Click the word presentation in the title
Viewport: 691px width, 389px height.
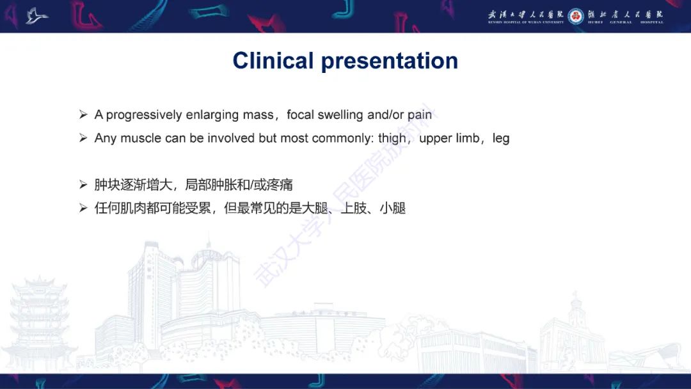[390, 61]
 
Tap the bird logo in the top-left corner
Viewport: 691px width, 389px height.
[37, 16]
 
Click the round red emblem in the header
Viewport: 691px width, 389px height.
[576, 15]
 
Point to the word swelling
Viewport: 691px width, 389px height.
[326, 115]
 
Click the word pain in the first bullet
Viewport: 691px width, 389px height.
[420, 115]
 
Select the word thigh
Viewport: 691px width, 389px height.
[392, 138]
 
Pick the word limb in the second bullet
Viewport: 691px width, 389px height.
[466, 138]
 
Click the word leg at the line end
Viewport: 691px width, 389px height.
[501, 139]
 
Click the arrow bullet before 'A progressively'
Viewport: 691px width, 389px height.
[83, 115]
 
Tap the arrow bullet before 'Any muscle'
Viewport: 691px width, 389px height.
[83, 138]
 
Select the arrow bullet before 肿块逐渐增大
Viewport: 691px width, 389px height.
[83, 185]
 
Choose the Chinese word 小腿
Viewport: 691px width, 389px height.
[393, 209]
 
